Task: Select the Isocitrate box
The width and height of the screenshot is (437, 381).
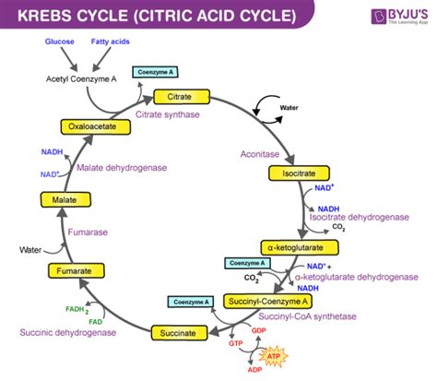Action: pyautogui.click(x=293, y=173)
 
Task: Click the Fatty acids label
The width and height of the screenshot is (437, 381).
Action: pyautogui.click(x=110, y=42)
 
